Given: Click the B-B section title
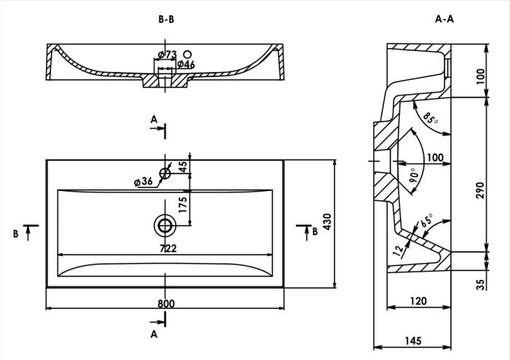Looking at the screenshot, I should [166, 20].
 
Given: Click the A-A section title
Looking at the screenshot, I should [444, 20].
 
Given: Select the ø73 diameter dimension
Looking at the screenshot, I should [168, 55].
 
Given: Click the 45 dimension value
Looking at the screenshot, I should [183, 165].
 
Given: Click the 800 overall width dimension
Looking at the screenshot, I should [165, 302].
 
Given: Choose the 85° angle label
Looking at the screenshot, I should [431, 119].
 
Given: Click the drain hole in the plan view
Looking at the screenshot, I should [165, 224].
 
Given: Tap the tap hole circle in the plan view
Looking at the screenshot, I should [165, 173].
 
